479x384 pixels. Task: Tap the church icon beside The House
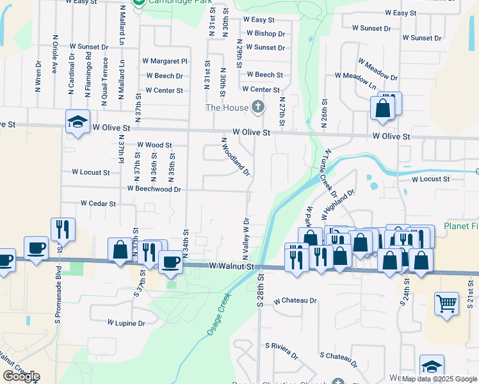[x=257, y=107]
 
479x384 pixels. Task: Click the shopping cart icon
[x=446, y=303]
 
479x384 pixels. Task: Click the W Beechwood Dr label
[x=154, y=189]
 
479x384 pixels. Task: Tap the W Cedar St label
[x=98, y=204]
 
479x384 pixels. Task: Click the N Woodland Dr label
[x=235, y=157]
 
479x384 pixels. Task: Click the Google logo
[x=20, y=376]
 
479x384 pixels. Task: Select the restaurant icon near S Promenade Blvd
[x=63, y=230]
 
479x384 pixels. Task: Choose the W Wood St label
[x=154, y=145]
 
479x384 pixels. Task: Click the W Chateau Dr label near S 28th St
[x=295, y=300]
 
